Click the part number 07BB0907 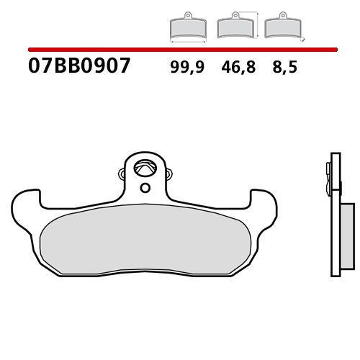click(x=79, y=67)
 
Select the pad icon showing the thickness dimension click(x=281, y=27)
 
